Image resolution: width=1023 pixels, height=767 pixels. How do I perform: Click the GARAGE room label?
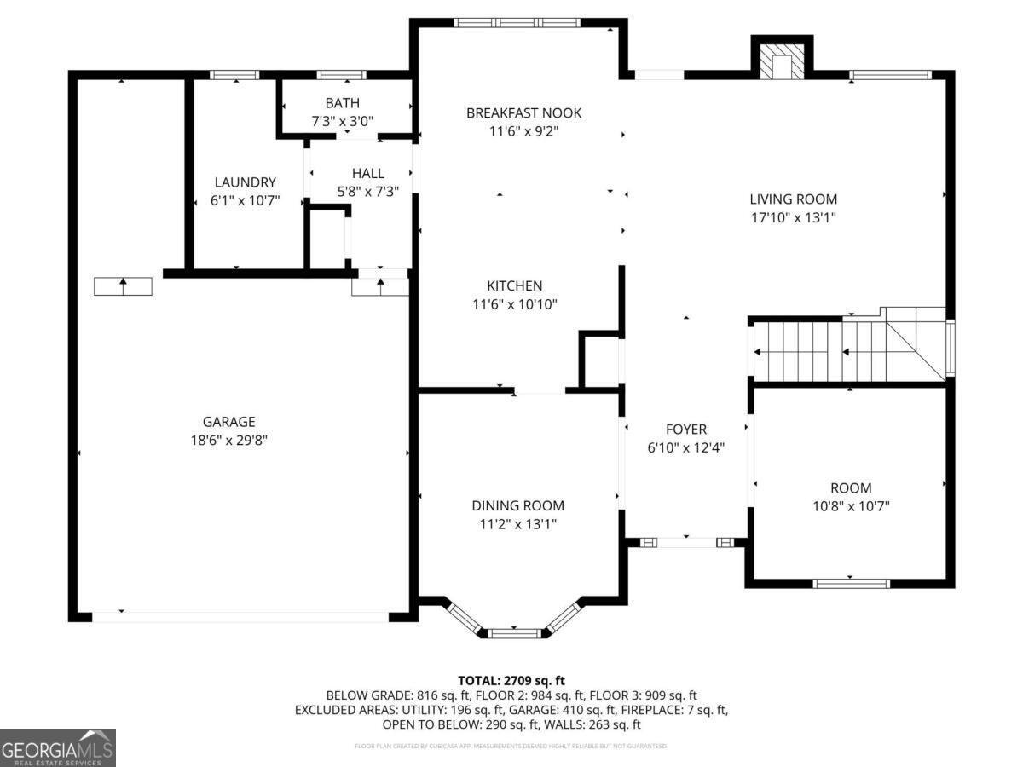point(228,422)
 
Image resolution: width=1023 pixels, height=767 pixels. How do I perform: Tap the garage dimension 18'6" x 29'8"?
point(228,441)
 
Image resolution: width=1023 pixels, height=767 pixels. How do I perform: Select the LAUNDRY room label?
point(245,182)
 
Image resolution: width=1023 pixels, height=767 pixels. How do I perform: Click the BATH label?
point(342,103)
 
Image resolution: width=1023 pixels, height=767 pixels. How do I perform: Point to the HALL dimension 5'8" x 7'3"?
point(367,192)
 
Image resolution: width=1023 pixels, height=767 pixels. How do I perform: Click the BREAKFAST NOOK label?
point(523,113)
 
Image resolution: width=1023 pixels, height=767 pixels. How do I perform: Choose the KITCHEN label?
point(514,286)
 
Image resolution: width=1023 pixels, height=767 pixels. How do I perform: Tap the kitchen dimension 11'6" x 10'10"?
point(514,304)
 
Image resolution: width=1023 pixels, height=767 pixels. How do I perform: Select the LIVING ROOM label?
point(793,199)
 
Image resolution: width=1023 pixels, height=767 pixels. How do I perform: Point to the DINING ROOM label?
point(517,506)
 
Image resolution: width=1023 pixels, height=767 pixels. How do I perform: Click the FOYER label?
point(685,430)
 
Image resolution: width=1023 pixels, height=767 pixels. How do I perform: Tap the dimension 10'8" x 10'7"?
point(851,506)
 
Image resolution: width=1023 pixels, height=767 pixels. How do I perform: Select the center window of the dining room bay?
point(514,632)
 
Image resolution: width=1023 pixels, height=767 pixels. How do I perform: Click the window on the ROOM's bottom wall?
point(851,584)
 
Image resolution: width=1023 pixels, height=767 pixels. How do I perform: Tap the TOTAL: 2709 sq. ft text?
point(511,680)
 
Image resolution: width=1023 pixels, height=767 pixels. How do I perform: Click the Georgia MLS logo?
point(57,747)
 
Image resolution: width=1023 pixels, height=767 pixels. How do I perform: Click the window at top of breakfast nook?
point(517,23)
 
